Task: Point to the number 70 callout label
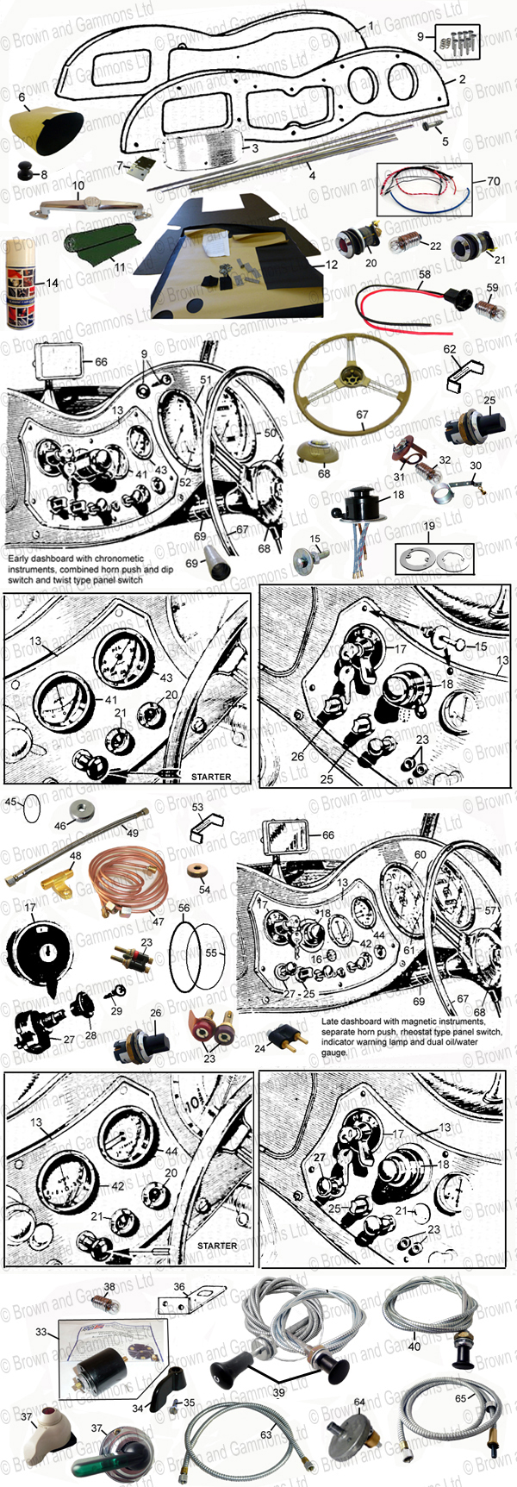point(493,181)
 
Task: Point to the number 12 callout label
point(332,265)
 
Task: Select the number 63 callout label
point(266,1434)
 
